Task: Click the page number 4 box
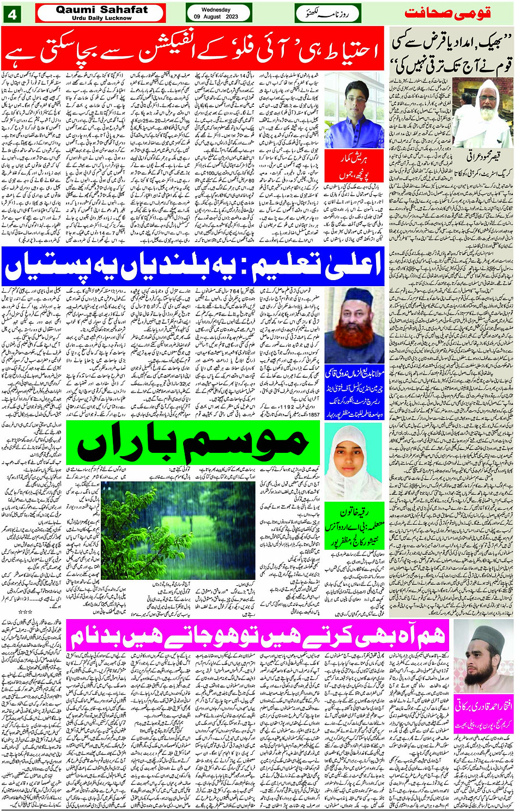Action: (11, 14)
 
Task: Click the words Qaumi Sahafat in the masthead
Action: (102, 9)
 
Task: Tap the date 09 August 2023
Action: (216, 17)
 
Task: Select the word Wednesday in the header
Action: (216, 9)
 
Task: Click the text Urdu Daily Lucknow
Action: (102, 18)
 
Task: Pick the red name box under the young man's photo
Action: (355, 167)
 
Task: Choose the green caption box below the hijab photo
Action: (355, 526)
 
